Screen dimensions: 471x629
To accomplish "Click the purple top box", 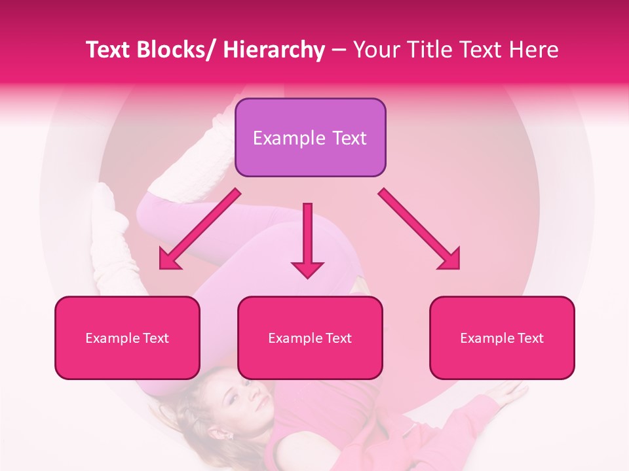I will click(310, 137).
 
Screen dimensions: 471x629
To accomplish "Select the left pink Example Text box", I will click(127, 338).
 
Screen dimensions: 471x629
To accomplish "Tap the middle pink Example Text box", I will click(310, 338).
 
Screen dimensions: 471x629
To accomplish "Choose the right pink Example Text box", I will click(502, 338).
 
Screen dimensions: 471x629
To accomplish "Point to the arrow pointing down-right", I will click(420, 230).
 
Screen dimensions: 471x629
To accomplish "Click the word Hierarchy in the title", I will click(274, 50).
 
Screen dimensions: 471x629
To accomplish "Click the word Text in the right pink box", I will click(529, 338).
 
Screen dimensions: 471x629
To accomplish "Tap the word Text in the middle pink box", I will click(337, 338).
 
